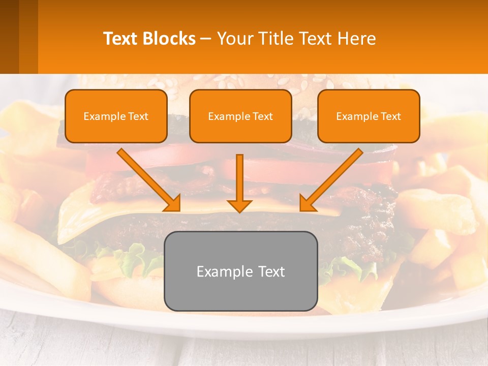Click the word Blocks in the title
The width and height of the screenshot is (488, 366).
pyautogui.click(x=169, y=39)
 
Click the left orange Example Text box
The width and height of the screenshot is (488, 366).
pyautogui.click(x=116, y=116)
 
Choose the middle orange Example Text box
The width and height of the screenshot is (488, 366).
pyautogui.click(x=240, y=116)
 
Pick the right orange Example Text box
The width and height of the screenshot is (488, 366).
pyautogui.click(x=369, y=116)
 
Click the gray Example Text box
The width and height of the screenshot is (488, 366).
pyautogui.click(x=241, y=271)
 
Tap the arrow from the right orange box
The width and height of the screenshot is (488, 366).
pyautogui.click(x=333, y=178)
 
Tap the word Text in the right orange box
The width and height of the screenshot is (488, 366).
pyautogui.click(x=391, y=116)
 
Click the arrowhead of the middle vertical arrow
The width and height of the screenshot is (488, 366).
pyautogui.click(x=240, y=205)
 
